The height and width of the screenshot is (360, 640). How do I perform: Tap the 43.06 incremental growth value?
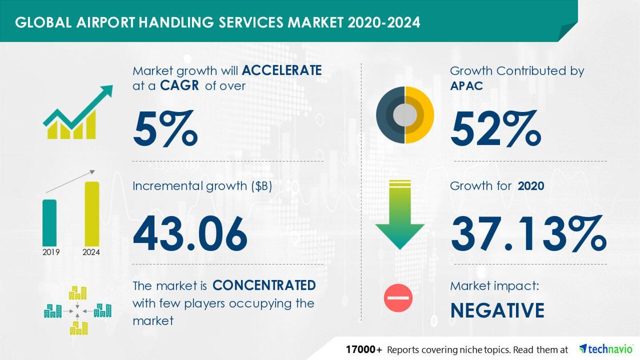(x=190, y=234)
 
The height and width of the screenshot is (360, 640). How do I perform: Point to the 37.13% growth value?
(x=528, y=234)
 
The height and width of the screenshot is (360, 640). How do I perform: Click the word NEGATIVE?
(x=497, y=310)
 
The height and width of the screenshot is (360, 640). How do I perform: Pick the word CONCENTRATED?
(x=264, y=285)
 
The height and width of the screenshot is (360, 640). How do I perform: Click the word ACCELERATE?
(x=282, y=70)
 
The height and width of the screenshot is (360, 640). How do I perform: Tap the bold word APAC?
(x=466, y=86)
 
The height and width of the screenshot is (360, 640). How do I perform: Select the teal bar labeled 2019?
(x=50, y=222)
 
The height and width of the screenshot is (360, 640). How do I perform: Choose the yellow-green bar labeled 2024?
(x=91, y=214)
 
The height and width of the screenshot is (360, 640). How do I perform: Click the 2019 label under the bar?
(x=50, y=252)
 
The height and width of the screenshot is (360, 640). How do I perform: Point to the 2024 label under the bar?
(x=91, y=252)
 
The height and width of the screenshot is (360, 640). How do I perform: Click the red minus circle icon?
(x=398, y=298)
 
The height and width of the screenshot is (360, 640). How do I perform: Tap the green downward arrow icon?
(x=399, y=214)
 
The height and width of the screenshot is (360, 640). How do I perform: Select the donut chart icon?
(x=405, y=115)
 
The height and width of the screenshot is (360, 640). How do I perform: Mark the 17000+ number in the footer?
(x=363, y=349)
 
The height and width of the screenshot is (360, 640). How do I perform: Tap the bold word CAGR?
(x=180, y=86)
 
